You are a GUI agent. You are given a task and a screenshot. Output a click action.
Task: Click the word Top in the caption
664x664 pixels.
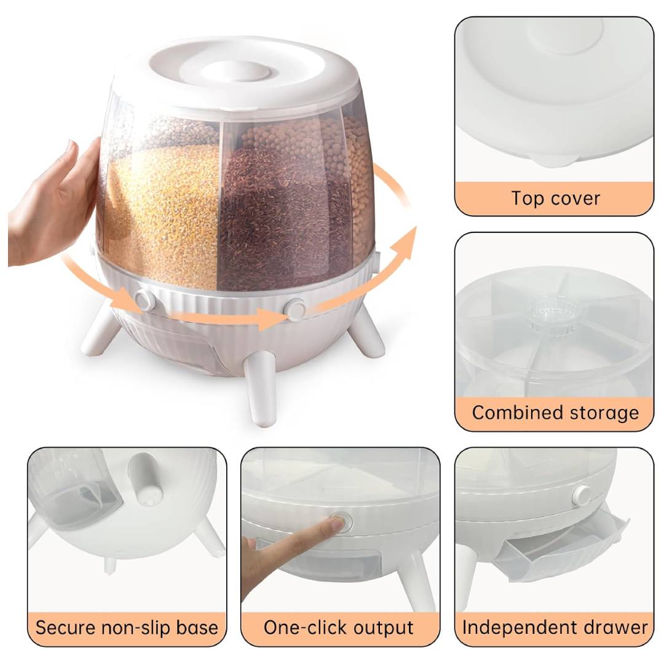coord(527,198)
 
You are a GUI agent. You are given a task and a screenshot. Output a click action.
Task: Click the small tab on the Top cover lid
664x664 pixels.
coord(553,160)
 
